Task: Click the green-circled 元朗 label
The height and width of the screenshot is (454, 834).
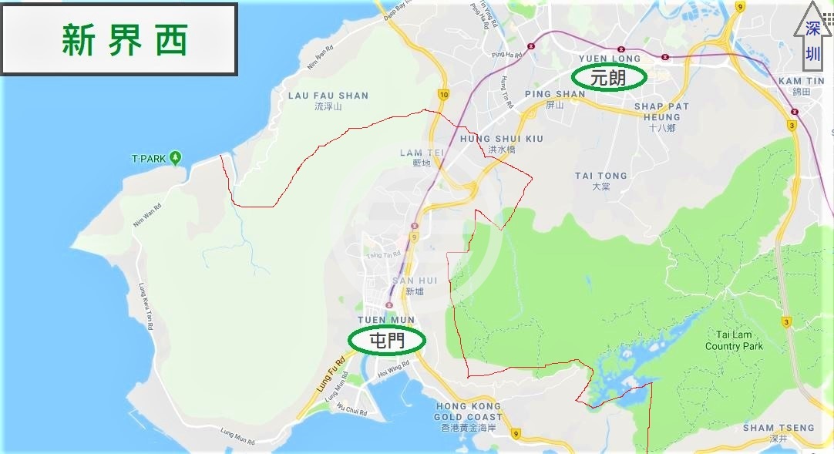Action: (607, 77)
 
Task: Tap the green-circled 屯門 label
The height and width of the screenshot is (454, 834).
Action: (387, 340)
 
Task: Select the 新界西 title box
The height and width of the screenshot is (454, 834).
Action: (119, 39)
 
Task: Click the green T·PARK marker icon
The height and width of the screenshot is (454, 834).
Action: (176, 158)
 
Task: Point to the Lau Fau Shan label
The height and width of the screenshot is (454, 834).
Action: (328, 100)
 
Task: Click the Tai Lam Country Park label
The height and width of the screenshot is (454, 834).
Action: (734, 341)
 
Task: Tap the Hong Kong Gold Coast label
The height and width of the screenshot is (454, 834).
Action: (469, 415)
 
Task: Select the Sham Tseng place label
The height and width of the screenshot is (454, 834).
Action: (779, 432)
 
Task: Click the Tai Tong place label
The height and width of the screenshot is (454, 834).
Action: (601, 180)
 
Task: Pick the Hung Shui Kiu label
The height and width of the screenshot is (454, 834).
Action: (502, 143)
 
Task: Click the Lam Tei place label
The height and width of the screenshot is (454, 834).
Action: (422, 157)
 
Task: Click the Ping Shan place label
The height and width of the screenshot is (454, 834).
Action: (555, 98)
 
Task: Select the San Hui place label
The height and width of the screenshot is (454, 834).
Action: (415, 285)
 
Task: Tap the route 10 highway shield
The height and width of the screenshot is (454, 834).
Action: (443, 94)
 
